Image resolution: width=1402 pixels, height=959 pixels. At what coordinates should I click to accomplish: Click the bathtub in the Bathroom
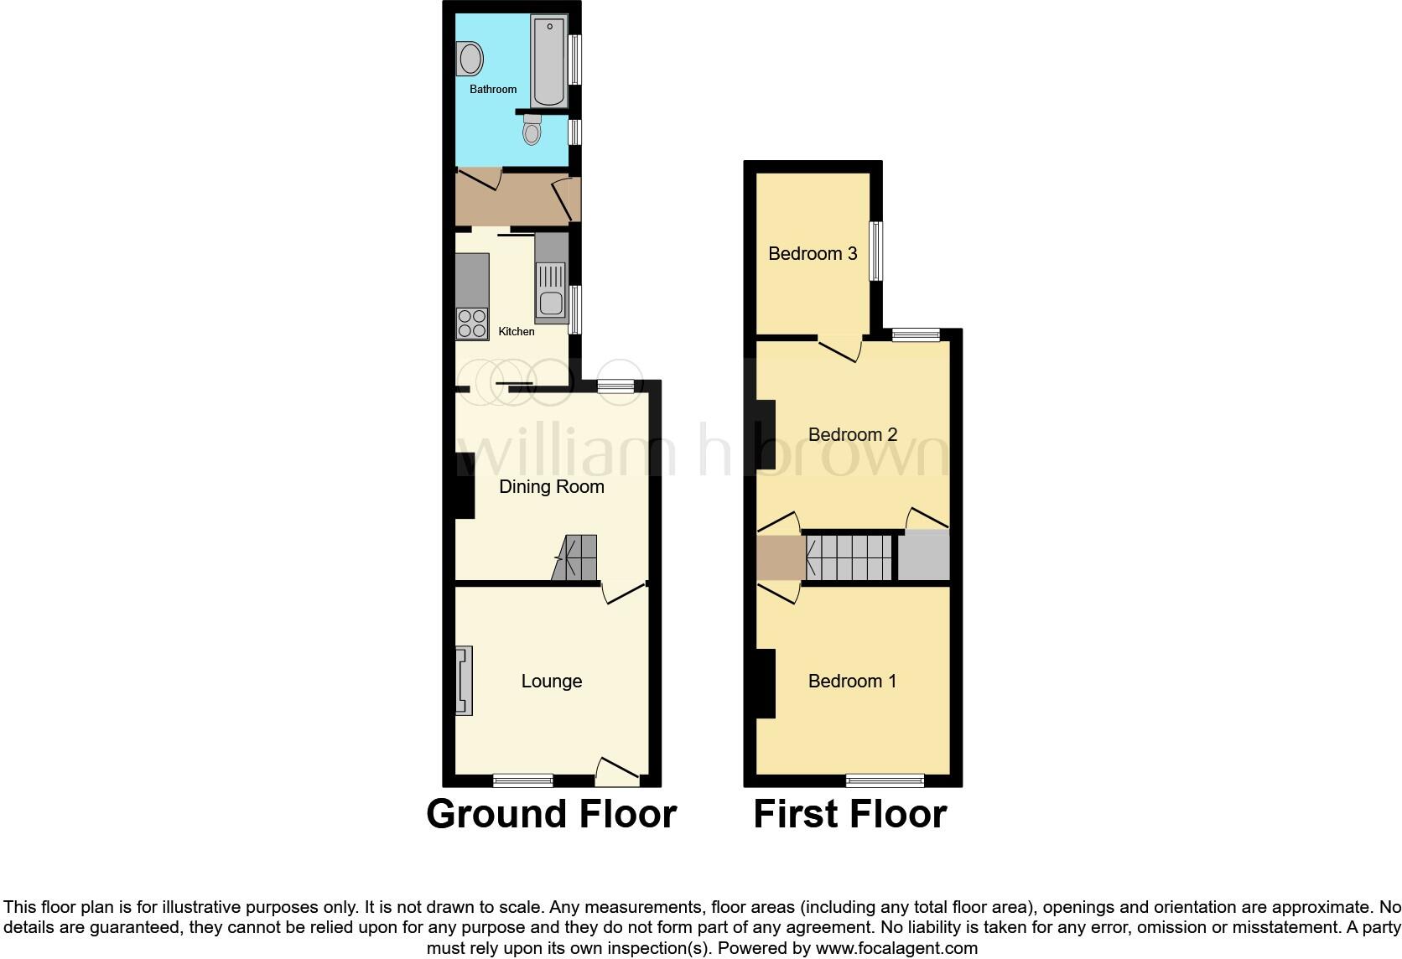pyautogui.click(x=548, y=63)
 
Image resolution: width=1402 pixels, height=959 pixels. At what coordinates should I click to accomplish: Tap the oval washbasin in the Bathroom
pyautogui.click(x=470, y=60)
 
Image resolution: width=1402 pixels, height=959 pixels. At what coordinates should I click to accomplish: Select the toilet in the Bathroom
pyautogui.click(x=532, y=131)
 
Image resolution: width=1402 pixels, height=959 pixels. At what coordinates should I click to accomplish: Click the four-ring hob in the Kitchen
pyautogui.click(x=472, y=324)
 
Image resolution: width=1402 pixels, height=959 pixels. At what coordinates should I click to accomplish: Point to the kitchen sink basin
pyautogui.click(x=551, y=303)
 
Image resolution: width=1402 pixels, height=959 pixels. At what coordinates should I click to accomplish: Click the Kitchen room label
pyautogui.click(x=517, y=331)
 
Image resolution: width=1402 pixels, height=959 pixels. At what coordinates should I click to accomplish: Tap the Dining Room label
pyautogui.click(x=551, y=487)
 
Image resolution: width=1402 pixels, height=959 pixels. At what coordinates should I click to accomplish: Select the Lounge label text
pyautogui.click(x=551, y=682)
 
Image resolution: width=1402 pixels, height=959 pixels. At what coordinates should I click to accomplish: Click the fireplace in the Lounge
pyautogui.click(x=464, y=680)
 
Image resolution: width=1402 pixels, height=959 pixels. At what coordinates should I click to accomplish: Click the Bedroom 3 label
pyautogui.click(x=813, y=254)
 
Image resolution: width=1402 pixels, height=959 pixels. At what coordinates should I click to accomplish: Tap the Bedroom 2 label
pyautogui.click(x=852, y=434)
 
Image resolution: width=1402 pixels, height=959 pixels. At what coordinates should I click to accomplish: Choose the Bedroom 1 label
pyautogui.click(x=852, y=682)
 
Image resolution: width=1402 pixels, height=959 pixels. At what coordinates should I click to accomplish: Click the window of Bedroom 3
pyautogui.click(x=875, y=251)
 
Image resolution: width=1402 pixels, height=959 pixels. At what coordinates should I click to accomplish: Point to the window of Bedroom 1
pyautogui.click(x=885, y=780)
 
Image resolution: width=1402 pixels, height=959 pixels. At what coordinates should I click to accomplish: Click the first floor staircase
pyautogui.click(x=849, y=557)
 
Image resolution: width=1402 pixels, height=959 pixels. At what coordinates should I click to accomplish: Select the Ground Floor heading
pyautogui.click(x=551, y=814)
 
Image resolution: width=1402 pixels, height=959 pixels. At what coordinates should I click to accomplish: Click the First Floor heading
pyautogui.click(x=849, y=814)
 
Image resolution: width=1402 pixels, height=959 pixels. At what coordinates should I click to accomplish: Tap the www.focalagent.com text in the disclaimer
pyautogui.click(x=897, y=949)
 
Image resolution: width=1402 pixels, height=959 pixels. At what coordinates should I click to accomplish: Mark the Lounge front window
pyautogui.click(x=522, y=780)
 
